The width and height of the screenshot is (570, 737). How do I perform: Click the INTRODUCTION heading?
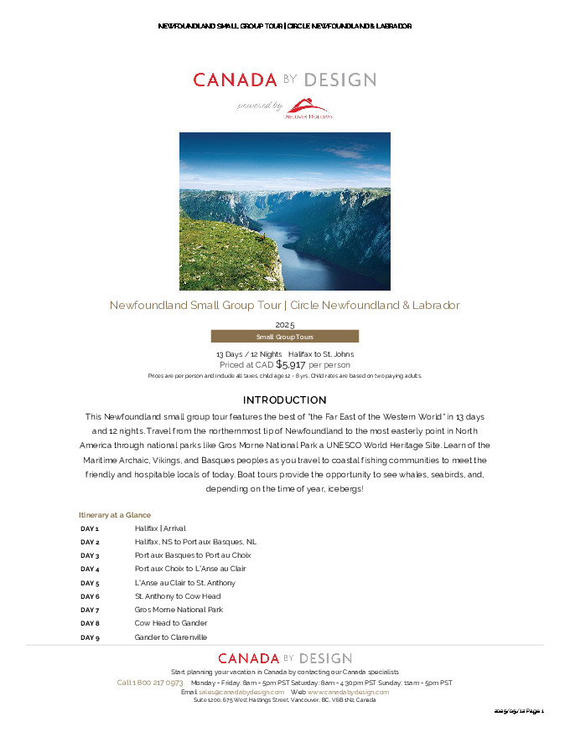point(284,399)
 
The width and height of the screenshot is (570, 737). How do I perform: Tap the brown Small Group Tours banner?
point(284,337)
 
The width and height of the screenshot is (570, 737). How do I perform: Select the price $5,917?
point(291,364)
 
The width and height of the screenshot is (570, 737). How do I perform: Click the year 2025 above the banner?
point(284,324)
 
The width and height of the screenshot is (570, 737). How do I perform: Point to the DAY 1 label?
point(90,528)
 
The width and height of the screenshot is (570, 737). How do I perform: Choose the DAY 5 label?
point(90,583)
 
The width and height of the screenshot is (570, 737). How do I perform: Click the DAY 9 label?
point(90,637)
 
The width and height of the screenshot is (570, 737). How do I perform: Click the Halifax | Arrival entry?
point(160,528)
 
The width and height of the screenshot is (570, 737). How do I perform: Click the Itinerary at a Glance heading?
point(115,514)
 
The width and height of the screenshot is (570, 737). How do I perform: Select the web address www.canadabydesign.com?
point(348,692)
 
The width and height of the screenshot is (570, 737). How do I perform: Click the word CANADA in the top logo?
point(235,80)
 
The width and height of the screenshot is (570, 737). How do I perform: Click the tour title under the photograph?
point(284,305)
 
